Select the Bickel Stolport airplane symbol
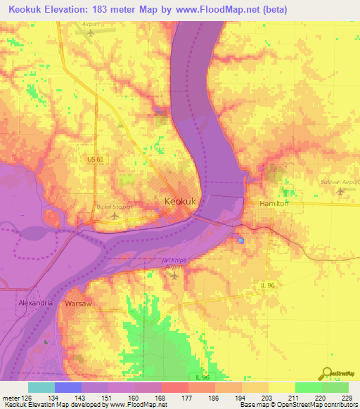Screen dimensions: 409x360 pyautogui.click(x=115, y=216)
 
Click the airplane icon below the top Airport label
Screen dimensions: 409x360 pyautogui.click(x=89, y=34)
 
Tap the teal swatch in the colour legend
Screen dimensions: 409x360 pyautogui.click(x=41, y=387)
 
